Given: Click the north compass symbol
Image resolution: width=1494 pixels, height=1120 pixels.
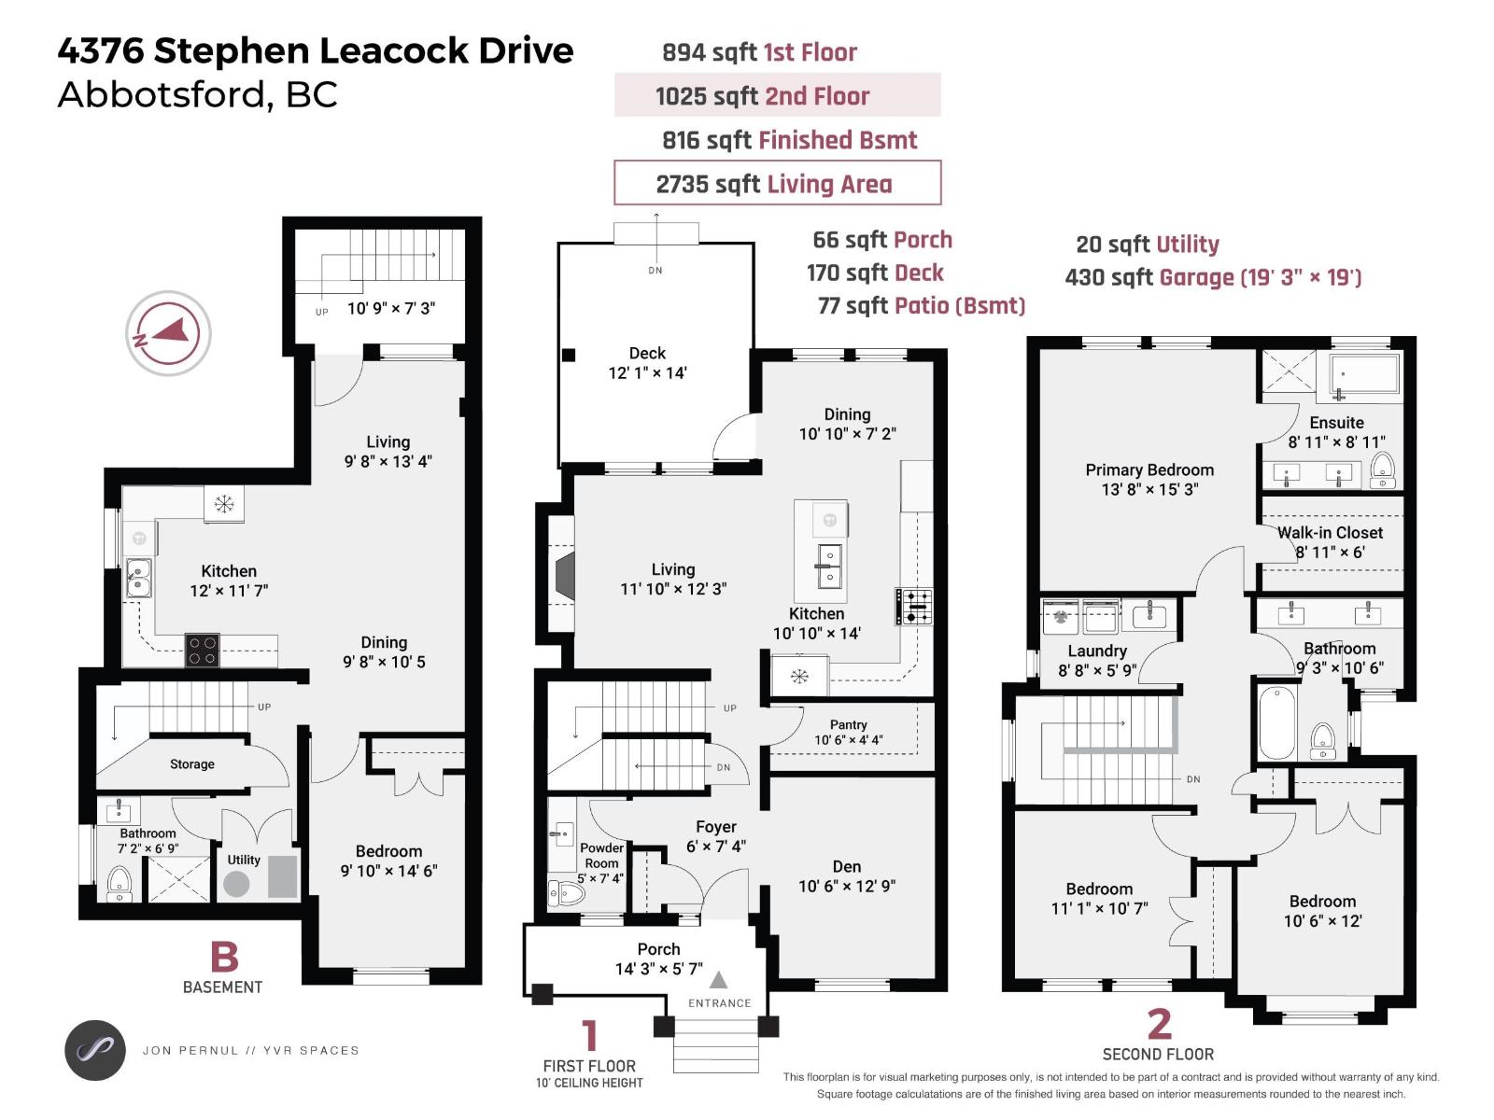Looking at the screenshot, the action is click(168, 333).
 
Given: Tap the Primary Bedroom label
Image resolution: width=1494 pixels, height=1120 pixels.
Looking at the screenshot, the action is click(1149, 469).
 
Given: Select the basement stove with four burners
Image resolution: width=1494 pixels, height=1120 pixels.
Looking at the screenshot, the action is click(202, 651).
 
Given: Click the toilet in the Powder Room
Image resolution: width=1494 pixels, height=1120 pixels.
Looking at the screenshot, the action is click(566, 893).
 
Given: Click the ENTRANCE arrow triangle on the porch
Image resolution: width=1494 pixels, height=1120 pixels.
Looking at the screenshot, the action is click(718, 980).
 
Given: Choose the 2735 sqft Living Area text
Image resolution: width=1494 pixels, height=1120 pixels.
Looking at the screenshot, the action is click(774, 184).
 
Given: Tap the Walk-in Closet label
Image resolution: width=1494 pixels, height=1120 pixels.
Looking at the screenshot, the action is click(1330, 532).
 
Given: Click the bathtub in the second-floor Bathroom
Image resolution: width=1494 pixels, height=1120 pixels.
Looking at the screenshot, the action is click(1276, 722).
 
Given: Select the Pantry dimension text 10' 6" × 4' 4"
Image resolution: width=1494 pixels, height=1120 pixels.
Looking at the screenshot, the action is click(848, 740).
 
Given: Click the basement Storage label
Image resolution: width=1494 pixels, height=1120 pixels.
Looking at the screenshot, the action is click(192, 763).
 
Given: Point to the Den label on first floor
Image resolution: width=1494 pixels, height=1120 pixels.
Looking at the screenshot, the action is click(847, 866).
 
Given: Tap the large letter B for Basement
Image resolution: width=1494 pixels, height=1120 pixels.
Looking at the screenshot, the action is click(225, 957).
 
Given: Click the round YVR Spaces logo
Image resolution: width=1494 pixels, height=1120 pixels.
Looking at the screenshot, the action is click(94, 1050).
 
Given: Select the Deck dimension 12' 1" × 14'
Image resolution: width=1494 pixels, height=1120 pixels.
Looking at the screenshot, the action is click(647, 372).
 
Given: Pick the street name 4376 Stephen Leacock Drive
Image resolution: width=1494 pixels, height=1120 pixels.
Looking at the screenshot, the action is click(316, 50).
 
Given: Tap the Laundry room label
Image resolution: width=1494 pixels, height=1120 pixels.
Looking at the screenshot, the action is click(1096, 651).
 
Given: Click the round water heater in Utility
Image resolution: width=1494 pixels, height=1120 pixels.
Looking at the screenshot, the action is click(236, 884).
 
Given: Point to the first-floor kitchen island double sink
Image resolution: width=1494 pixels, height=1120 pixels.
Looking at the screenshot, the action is click(830, 566).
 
